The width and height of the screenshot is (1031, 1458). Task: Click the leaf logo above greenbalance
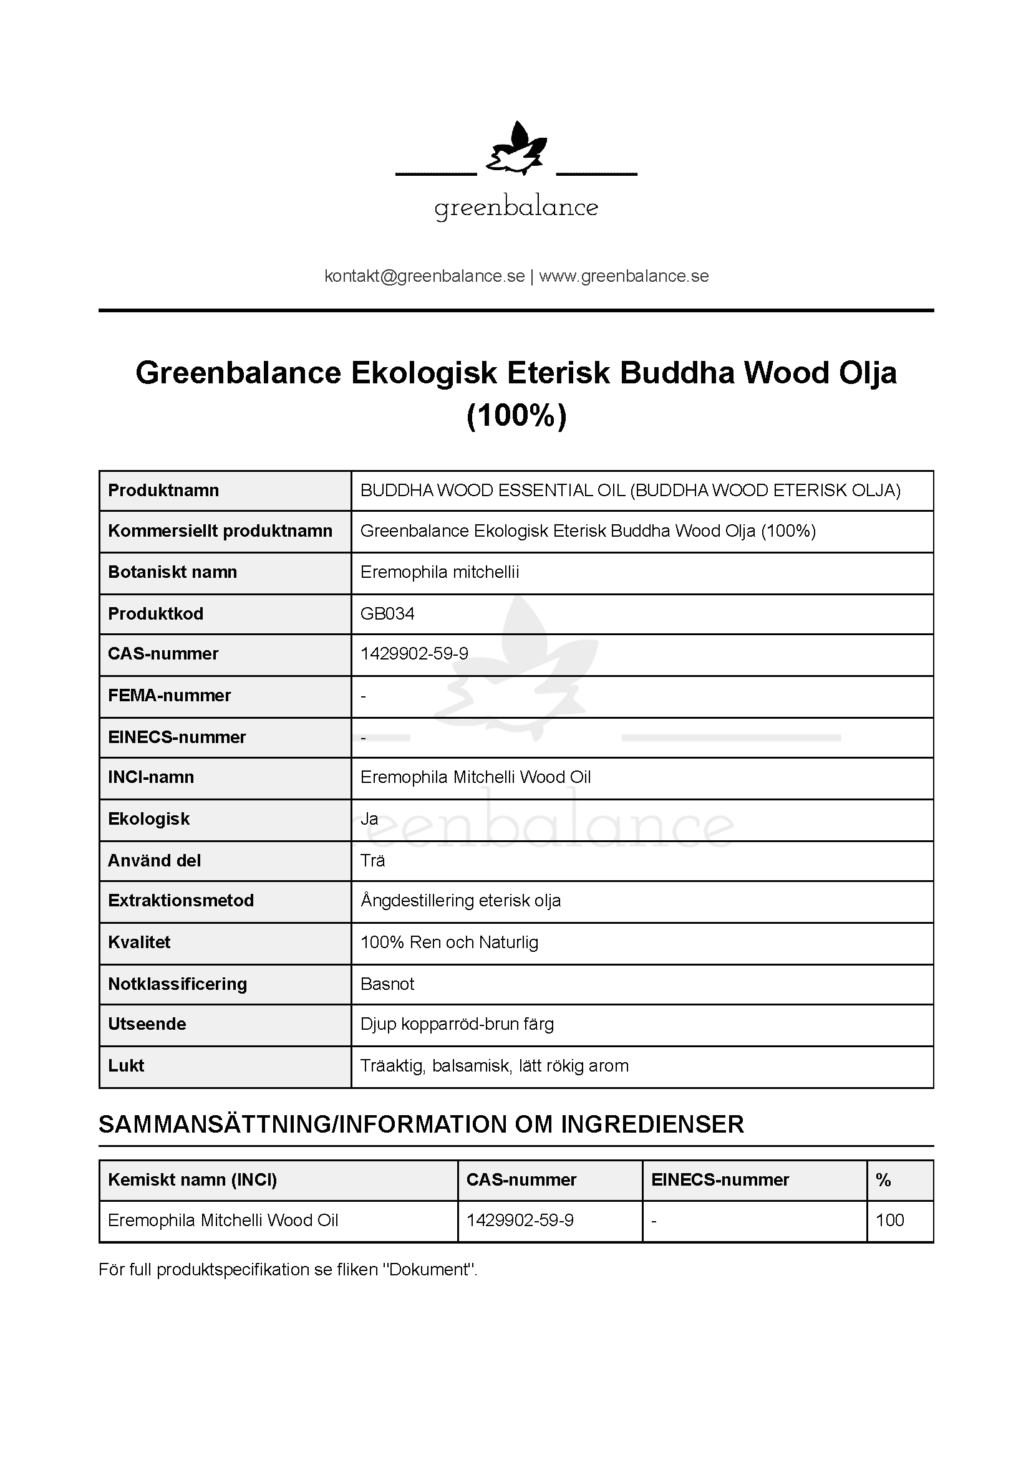click(516, 150)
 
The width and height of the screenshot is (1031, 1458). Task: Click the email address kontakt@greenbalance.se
click(424, 276)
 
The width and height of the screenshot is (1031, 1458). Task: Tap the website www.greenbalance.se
click(624, 276)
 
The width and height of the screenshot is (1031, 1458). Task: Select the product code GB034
click(387, 613)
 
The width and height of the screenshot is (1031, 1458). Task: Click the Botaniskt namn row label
click(172, 572)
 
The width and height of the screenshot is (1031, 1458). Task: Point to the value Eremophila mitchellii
click(440, 572)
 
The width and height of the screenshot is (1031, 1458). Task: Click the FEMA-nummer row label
click(169, 696)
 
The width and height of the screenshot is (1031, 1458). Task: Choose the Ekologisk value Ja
click(369, 819)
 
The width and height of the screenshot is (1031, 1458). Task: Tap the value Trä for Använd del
click(372, 860)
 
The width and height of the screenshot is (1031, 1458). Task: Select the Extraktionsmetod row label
click(180, 901)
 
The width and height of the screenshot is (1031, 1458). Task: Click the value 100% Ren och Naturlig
click(449, 942)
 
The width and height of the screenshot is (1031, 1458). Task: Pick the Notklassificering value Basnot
click(387, 984)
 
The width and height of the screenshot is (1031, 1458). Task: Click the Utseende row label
click(147, 1024)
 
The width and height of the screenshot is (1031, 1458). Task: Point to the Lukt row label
click(126, 1065)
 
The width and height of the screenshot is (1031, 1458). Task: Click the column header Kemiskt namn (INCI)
click(192, 1180)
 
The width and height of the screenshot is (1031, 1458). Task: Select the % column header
click(883, 1180)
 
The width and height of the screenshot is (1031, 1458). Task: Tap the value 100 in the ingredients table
click(889, 1220)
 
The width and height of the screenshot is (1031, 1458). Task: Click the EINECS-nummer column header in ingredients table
click(720, 1180)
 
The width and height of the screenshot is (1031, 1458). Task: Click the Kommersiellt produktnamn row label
click(220, 531)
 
